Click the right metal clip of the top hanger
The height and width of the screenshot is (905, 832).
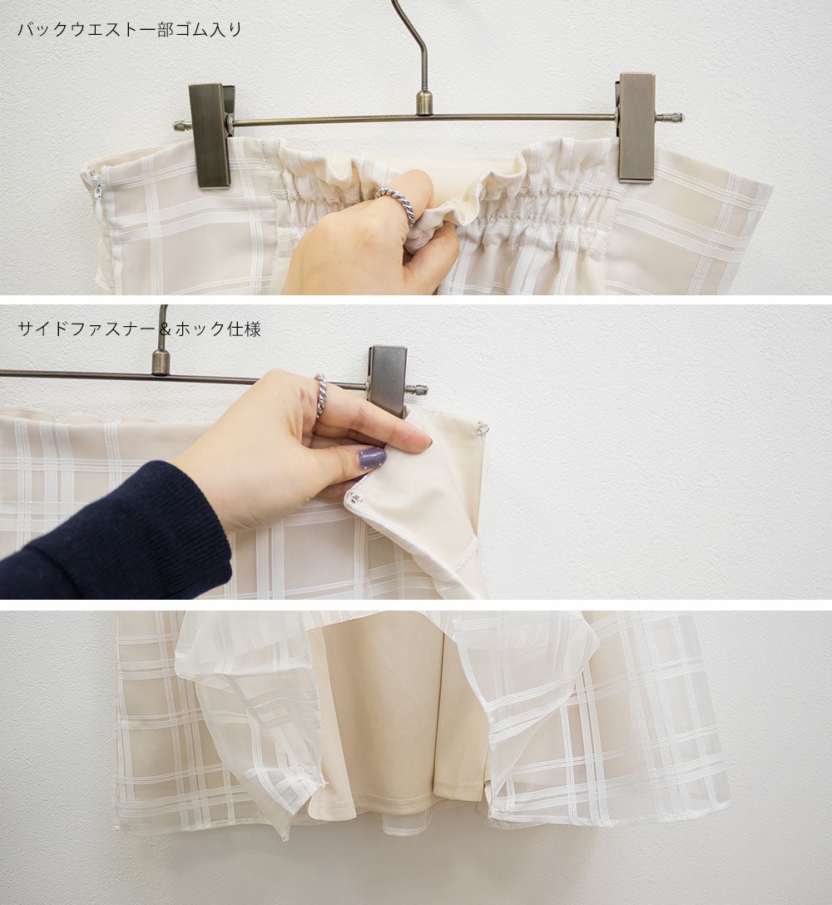click(636, 127)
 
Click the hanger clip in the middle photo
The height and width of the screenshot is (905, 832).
click(388, 380)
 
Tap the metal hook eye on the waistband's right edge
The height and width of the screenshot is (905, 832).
click(482, 428)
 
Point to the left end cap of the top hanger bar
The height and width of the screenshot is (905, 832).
click(181, 126)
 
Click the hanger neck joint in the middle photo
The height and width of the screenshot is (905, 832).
click(161, 363)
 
